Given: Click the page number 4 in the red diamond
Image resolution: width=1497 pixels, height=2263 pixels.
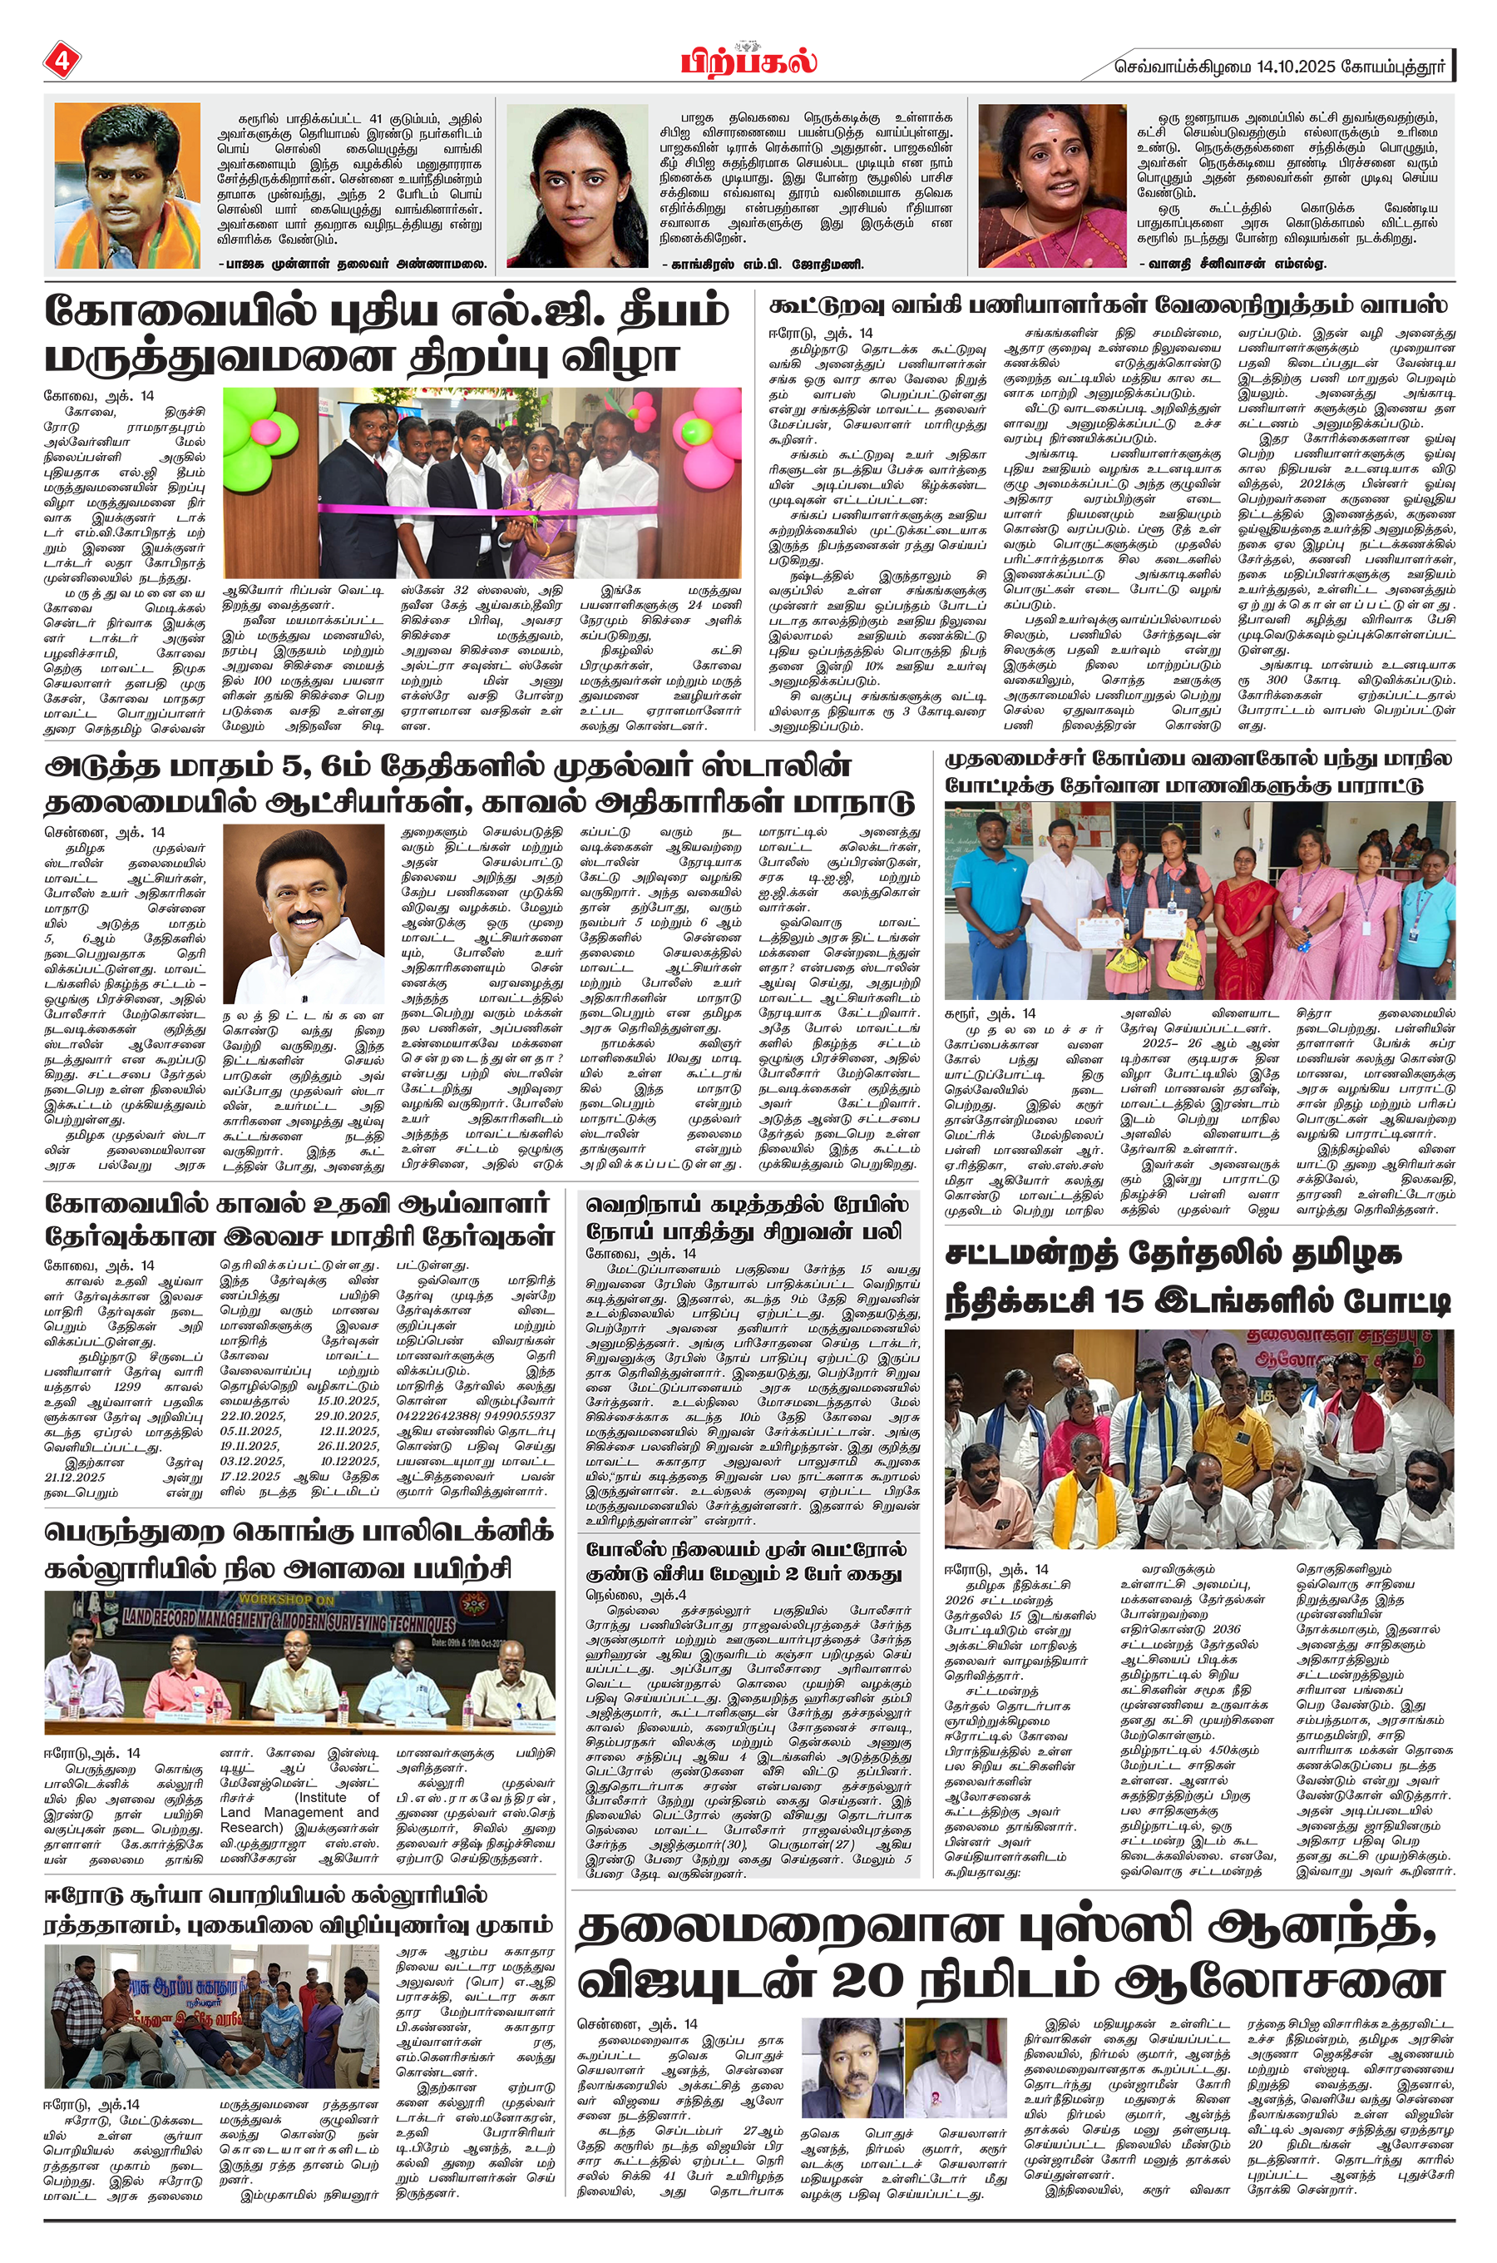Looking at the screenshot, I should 61,63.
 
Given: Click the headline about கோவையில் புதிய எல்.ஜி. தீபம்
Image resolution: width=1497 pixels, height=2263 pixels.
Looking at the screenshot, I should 387,334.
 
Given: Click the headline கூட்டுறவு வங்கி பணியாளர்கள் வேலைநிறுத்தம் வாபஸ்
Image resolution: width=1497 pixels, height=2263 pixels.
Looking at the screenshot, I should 1108,305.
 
